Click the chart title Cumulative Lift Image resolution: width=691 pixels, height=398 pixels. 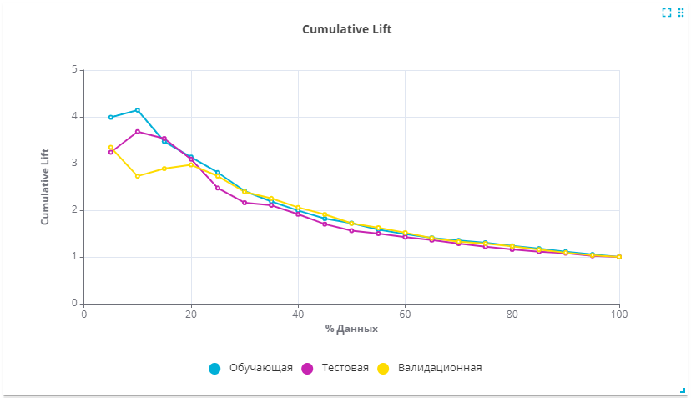[x=347, y=29]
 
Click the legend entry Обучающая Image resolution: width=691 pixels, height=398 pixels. [x=250, y=368]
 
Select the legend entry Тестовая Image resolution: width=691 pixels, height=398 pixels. [x=335, y=368]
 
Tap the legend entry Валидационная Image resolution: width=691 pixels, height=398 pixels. [x=430, y=368]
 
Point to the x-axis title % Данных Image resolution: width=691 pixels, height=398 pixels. [x=351, y=329]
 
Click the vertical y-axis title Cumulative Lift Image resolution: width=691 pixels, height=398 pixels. [x=45, y=186]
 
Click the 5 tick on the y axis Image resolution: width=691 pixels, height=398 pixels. [x=74, y=69]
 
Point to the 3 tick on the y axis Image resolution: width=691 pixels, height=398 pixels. [x=74, y=163]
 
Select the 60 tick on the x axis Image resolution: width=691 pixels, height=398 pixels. [x=405, y=315]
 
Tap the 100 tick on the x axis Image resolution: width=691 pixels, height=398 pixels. [x=619, y=315]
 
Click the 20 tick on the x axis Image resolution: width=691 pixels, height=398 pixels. [x=191, y=315]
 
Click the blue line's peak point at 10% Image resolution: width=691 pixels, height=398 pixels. [x=138, y=110]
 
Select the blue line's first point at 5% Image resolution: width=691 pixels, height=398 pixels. [x=111, y=118]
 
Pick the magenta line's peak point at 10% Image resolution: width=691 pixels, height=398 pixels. [x=138, y=131]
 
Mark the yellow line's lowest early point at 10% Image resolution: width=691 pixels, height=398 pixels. [x=138, y=176]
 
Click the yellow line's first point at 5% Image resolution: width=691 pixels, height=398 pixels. [x=111, y=147]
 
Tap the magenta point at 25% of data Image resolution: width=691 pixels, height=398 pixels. [x=218, y=188]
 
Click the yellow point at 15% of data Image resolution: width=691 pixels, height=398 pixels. [x=164, y=169]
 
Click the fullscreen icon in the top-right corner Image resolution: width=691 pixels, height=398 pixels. [x=667, y=13]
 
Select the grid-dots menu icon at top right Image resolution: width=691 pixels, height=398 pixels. [x=681, y=13]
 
